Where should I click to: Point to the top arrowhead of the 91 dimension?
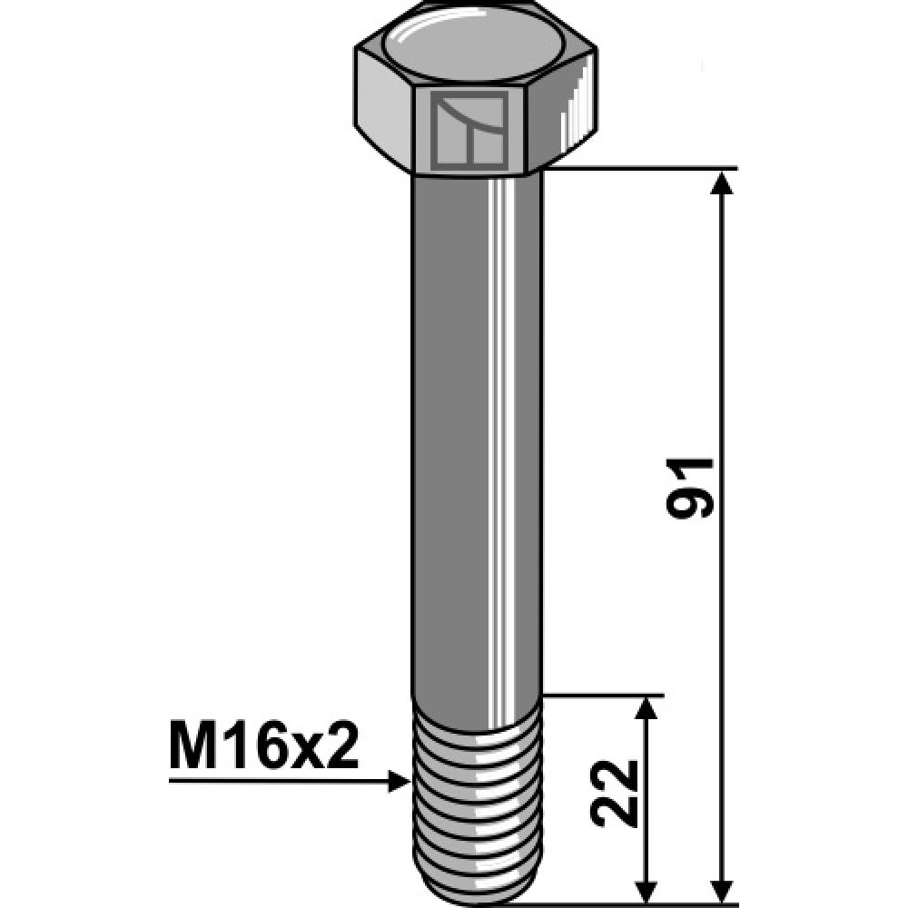tap(722, 183)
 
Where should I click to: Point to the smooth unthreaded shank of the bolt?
tap(454, 436)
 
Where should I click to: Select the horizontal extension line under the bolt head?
tap(636, 169)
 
